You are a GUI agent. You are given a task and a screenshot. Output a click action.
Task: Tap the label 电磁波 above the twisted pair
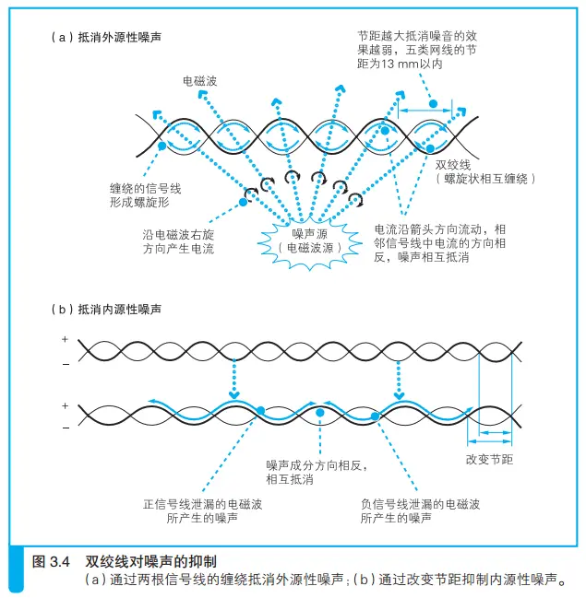199,82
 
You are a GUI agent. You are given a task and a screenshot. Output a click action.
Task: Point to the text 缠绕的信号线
147,188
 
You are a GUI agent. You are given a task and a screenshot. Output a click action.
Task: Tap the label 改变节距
490,458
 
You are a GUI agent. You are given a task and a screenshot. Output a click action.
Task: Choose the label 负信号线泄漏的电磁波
420,504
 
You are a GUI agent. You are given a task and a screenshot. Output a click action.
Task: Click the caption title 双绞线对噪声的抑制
151,560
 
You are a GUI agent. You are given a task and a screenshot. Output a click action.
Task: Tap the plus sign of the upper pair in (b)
65,340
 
